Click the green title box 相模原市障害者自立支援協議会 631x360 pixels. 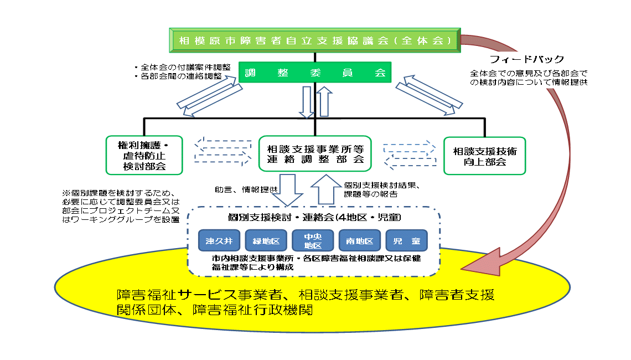tap(314, 40)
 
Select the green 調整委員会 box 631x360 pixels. tap(315, 73)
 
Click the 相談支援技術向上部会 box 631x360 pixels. tap(484, 156)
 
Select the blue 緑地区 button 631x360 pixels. tap(266, 241)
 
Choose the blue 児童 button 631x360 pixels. tap(407, 241)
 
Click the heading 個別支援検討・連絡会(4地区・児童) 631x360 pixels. tap(314, 218)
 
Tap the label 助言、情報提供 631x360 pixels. tap(246, 189)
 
